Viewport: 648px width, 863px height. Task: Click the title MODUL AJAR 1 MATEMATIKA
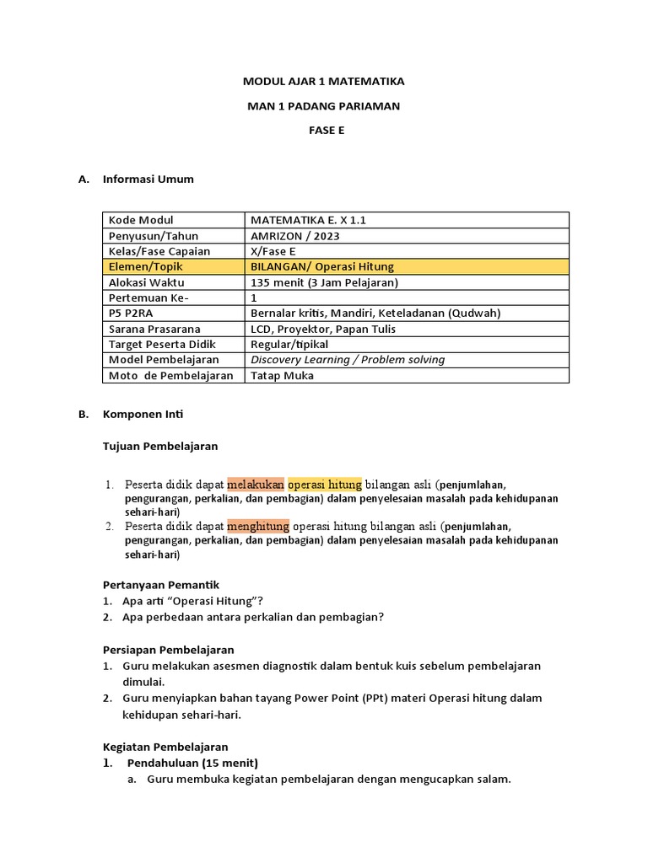click(x=324, y=82)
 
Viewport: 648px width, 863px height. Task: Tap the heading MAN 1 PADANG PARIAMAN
click(x=324, y=106)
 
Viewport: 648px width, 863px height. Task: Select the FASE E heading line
click(x=325, y=131)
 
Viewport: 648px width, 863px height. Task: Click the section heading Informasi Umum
click(x=148, y=180)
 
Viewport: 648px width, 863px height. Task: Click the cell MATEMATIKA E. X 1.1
click(x=309, y=220)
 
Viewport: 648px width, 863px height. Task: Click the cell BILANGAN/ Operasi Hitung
click(x=316, y=267)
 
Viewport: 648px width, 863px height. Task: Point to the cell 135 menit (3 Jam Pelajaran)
click(x=324, y=282)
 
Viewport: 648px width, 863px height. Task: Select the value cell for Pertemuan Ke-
click(x=255, y=297)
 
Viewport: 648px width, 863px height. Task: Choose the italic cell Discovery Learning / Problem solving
click(x=348, y=360)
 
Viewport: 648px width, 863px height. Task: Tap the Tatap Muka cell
click(x=282, y=376)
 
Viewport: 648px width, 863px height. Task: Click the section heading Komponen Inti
click(x=143, y=415)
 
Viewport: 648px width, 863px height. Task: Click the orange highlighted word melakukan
click(x=256, y=485)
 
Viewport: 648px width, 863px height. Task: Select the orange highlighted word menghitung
click(x=257, y=526)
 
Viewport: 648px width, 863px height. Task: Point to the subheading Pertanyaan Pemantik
click(x=161, y=585)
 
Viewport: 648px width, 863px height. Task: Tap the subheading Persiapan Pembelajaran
click(x=169, y=650)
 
